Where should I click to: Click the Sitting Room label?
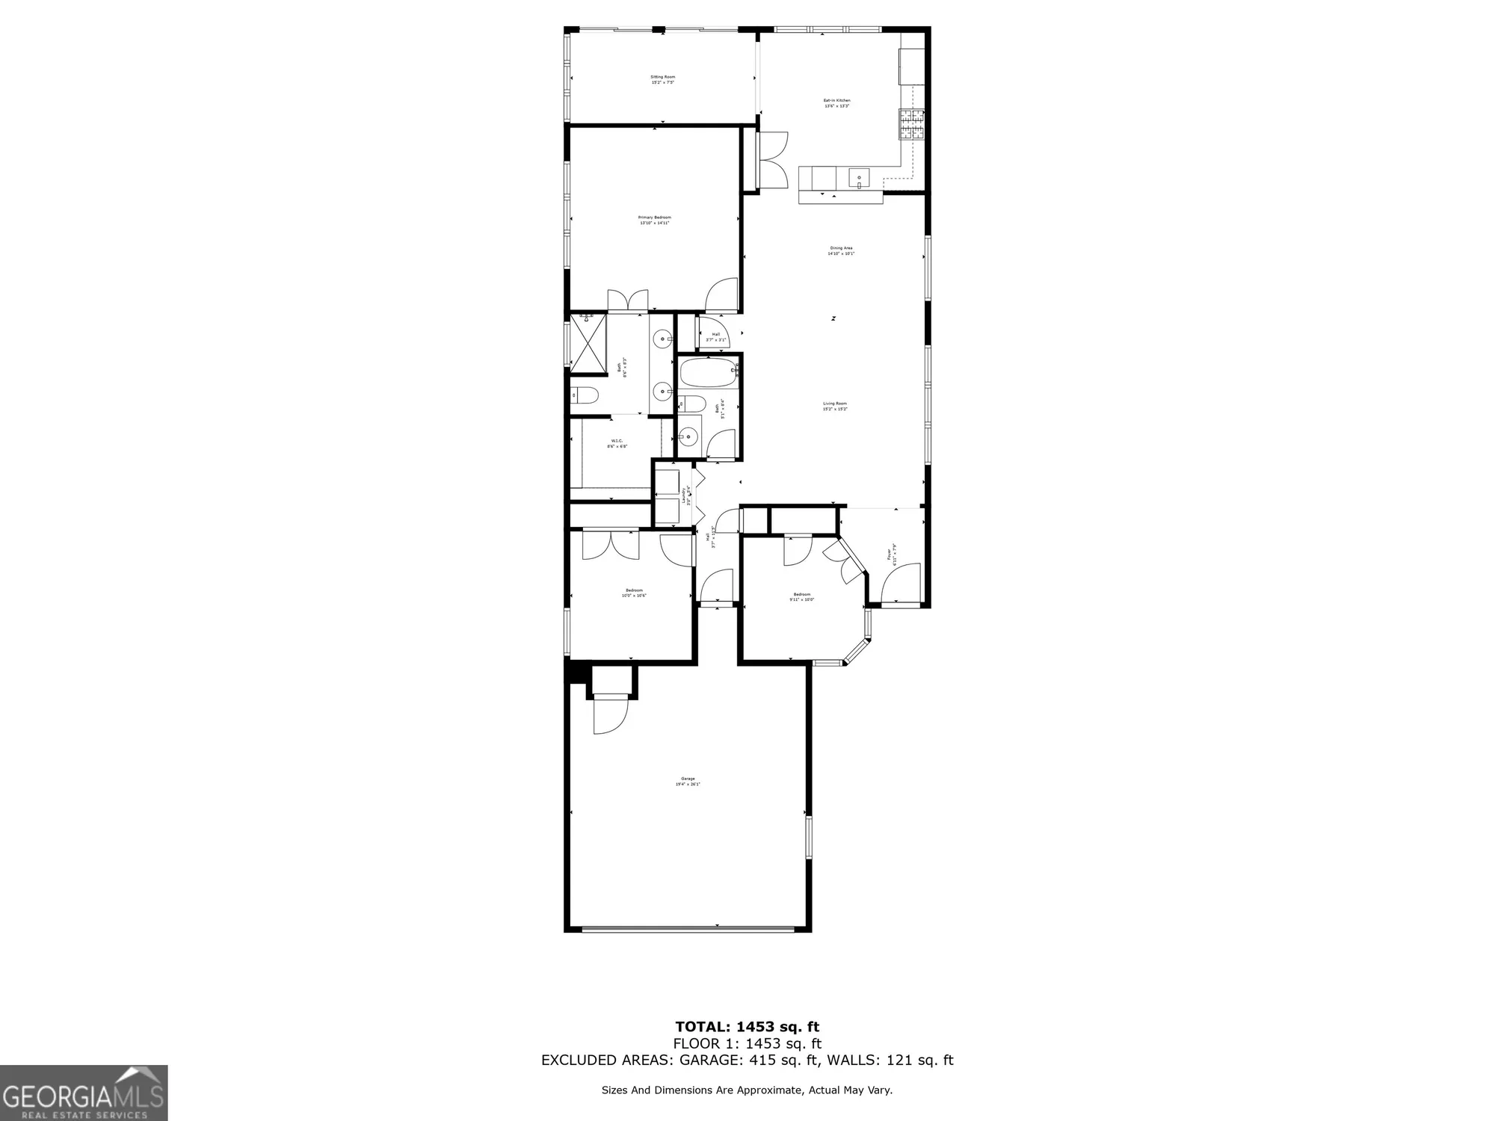[662, 79]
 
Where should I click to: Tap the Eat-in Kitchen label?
[836, 103]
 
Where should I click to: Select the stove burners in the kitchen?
[911, 125]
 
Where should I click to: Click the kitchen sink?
[858, 179]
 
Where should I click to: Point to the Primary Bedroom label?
[654, 220]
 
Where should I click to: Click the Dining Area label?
[841, 250]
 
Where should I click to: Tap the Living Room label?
[835, 406]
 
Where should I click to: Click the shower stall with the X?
[588, 345]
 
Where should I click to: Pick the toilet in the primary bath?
[584, 395]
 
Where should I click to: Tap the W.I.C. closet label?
[617, 443]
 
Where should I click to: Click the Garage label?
[688, 781]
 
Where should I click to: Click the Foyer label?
[891, 553]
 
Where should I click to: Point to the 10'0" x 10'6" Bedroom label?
[634, 593]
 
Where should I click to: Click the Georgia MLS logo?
[84, 1093]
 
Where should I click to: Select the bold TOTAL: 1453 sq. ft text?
[747, 1027]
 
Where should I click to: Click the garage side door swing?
[608, 714]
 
